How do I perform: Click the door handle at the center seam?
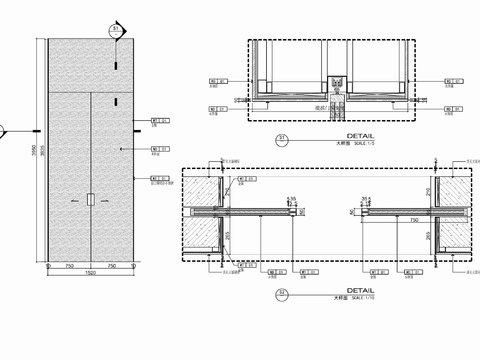pos(90,200)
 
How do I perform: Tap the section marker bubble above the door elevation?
pos(117,30)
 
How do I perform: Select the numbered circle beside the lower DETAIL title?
pos(281,294)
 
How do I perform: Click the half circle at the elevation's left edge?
pos(3,130)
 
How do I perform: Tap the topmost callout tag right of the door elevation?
pos(155,120)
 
